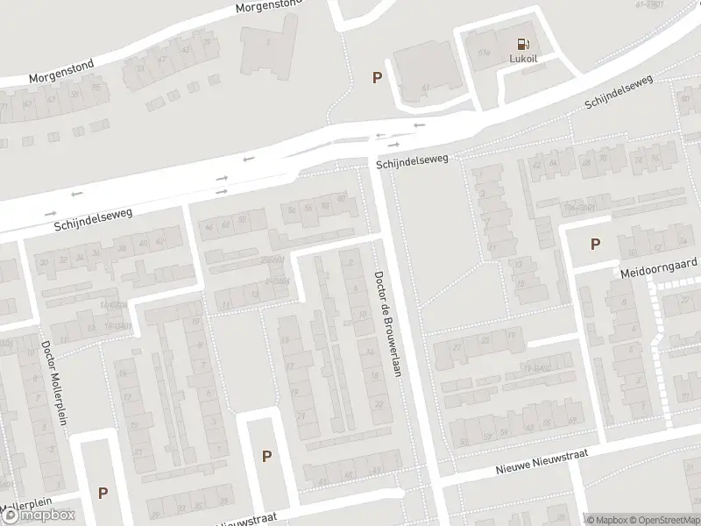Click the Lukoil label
point(523,60)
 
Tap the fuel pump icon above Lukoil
point(523,44)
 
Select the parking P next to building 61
point(378,77)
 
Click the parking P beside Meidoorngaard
point(596,245)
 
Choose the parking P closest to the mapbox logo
point(103,494)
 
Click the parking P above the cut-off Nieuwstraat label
point(267,455)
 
